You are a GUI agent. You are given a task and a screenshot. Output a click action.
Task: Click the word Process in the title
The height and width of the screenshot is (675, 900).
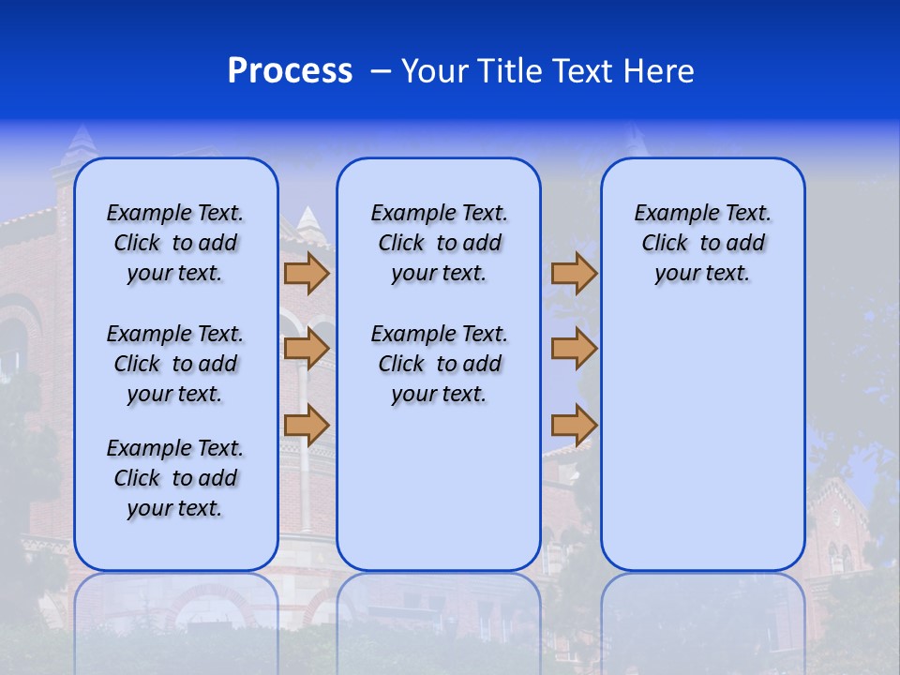coord(290,71)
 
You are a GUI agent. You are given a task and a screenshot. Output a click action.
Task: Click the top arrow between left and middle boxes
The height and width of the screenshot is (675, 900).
coord(306,274)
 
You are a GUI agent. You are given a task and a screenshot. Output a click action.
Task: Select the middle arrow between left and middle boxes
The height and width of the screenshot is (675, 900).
coord(306,350)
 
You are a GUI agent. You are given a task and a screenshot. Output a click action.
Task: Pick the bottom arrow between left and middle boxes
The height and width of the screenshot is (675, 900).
coord(306,426)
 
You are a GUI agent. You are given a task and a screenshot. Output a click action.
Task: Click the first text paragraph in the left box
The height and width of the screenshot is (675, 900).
coord(175,243)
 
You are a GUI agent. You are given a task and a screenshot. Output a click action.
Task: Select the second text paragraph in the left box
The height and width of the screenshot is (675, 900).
coord(175,364)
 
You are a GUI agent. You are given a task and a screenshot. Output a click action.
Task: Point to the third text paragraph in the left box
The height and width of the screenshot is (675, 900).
coord(175,478)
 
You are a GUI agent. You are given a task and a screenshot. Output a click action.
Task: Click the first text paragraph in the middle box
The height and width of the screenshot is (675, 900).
coord(439,243)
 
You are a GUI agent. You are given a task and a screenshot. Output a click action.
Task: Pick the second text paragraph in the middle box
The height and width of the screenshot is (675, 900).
coord(439,364)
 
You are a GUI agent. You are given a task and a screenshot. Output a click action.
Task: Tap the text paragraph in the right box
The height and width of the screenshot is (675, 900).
coord(702,243)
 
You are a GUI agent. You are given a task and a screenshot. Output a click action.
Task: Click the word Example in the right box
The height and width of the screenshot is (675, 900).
coord(669,214)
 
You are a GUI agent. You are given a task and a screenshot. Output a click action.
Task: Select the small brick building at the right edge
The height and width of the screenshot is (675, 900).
coord(839,534)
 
